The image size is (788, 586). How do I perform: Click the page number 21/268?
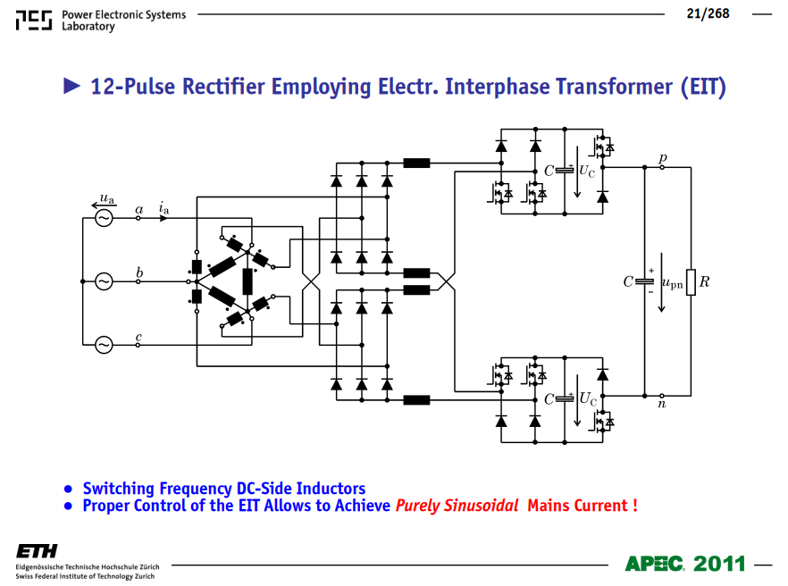tap(708, 13)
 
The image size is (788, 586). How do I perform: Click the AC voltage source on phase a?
tap(104, 218)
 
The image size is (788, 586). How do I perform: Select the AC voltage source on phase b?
tap(104, 281)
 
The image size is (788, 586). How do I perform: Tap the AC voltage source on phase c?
tap(104, 345)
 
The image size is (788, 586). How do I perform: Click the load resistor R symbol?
tap(691, 282)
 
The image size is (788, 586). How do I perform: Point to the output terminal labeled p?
tap(662, 167)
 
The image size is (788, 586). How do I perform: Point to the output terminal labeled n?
tap(662, 396)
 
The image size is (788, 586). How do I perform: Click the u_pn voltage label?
tap(673, 284)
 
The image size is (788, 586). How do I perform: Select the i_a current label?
tap(164, 207)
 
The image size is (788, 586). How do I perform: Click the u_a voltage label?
tap(107, 198)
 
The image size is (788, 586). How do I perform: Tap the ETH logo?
tap(37, 551)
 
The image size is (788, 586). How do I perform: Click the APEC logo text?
tap(654, 564)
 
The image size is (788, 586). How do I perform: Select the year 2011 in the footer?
tap(718, 564)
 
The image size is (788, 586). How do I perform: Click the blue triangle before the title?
tap(71, 86)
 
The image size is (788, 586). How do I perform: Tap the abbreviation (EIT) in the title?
tap(704, 87)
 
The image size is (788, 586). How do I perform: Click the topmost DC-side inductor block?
tap(416, 163)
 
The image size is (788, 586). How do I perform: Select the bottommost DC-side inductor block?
tap(416, 400)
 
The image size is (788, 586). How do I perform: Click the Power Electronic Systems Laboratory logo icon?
tap(34, 21)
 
